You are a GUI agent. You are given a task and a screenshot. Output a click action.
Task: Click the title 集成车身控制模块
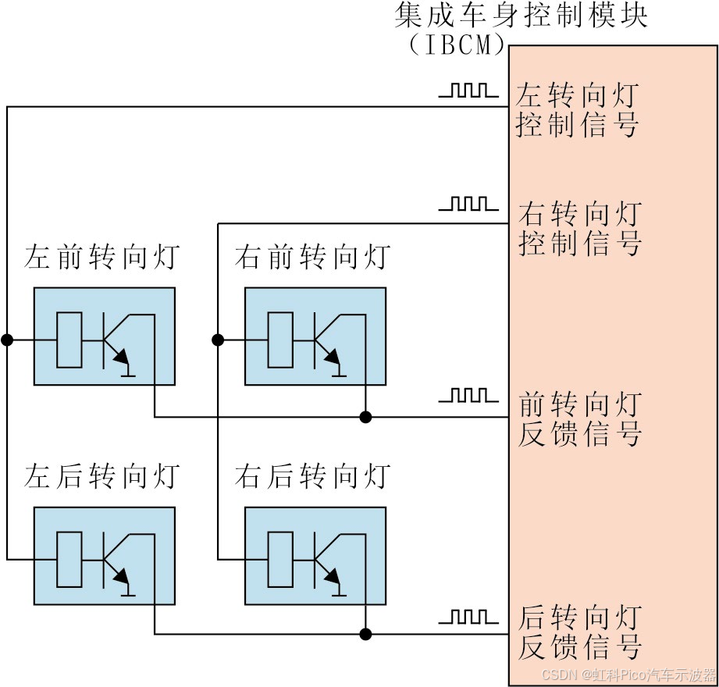coord(520,15)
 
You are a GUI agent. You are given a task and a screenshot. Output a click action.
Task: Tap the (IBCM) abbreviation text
coord(457,45)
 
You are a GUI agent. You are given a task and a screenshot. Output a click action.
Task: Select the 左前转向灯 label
coord(102,257)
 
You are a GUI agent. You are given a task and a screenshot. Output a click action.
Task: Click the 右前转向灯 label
coord(312,257)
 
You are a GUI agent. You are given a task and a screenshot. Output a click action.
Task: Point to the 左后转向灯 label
coord(102,475)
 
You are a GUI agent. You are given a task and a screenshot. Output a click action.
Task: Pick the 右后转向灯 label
coord(312,475)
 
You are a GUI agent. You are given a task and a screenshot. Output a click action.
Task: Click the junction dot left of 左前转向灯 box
coord(7,340)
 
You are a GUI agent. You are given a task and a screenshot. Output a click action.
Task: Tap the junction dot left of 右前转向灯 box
coord(218,340)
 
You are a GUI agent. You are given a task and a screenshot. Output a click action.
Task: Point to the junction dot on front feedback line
coord(365,417)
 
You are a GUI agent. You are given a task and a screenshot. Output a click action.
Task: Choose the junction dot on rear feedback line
coord(365,633)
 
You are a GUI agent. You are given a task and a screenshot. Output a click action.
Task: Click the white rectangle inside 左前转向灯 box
coord(69,340)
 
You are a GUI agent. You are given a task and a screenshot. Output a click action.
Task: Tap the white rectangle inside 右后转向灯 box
coord(279,559)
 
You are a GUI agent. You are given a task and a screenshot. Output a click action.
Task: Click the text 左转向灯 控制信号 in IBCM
coord(578,111)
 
